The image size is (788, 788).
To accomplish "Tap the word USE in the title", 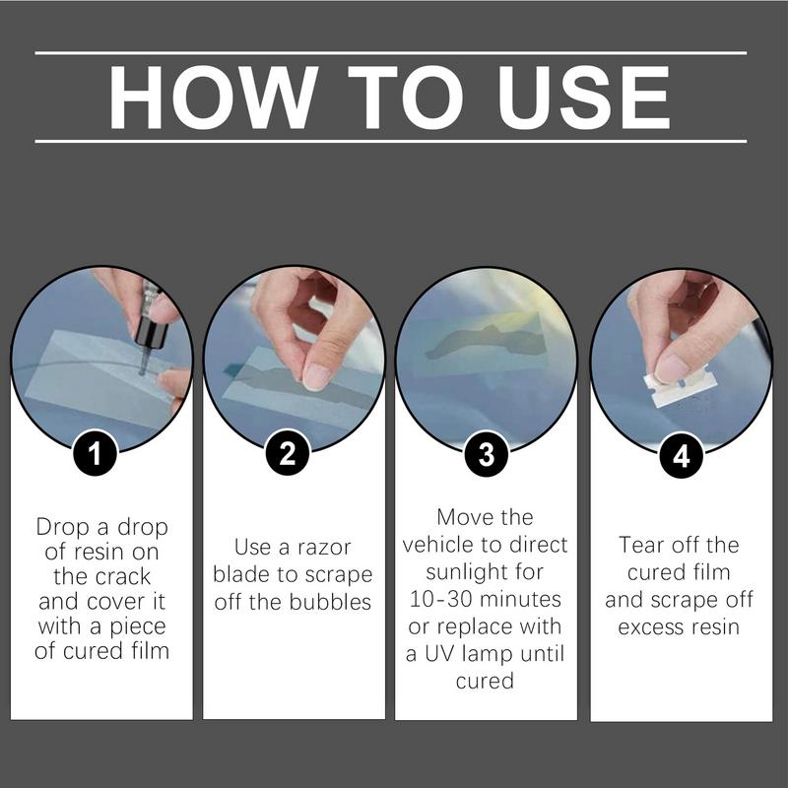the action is [x=583, y=98].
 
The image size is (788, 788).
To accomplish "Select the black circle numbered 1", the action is [x=95, y=453].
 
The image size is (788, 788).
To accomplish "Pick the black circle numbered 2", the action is [x=288, y=453].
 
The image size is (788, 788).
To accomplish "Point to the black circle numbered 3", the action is [x=487, y=454].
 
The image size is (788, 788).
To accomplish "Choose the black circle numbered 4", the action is [x=681, y=456].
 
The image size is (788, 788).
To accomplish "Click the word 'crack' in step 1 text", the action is [x=127, y=576].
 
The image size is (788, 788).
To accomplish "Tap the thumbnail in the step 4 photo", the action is [x=672, y=369].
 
